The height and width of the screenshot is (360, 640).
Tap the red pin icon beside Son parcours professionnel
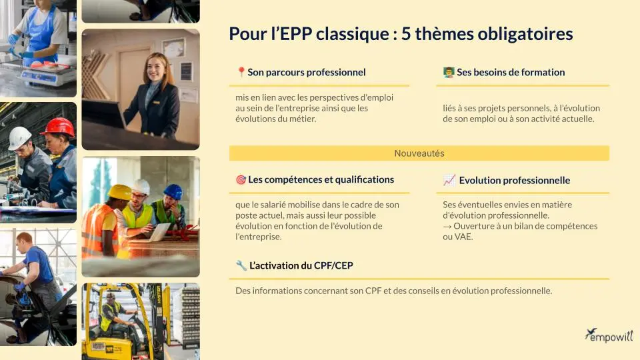click(241, 72)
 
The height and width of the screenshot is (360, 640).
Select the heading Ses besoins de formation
click(510, 72)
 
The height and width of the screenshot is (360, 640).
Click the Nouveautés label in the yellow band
click(419, 153)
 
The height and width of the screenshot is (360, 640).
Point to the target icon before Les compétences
click(241, 179)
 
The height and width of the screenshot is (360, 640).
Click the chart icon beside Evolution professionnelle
click(449, 180)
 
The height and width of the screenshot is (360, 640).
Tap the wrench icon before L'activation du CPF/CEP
click(241, 265)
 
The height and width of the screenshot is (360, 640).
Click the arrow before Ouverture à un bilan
click(447, 226)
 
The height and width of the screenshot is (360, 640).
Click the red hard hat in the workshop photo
click(61, 126)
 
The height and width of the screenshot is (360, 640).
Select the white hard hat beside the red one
click(20, 137)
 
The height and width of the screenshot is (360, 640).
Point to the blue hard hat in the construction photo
click(173, 191)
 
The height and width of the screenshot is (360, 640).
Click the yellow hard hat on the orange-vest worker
click(119, 192)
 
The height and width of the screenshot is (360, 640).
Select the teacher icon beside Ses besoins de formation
click(449, 72)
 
